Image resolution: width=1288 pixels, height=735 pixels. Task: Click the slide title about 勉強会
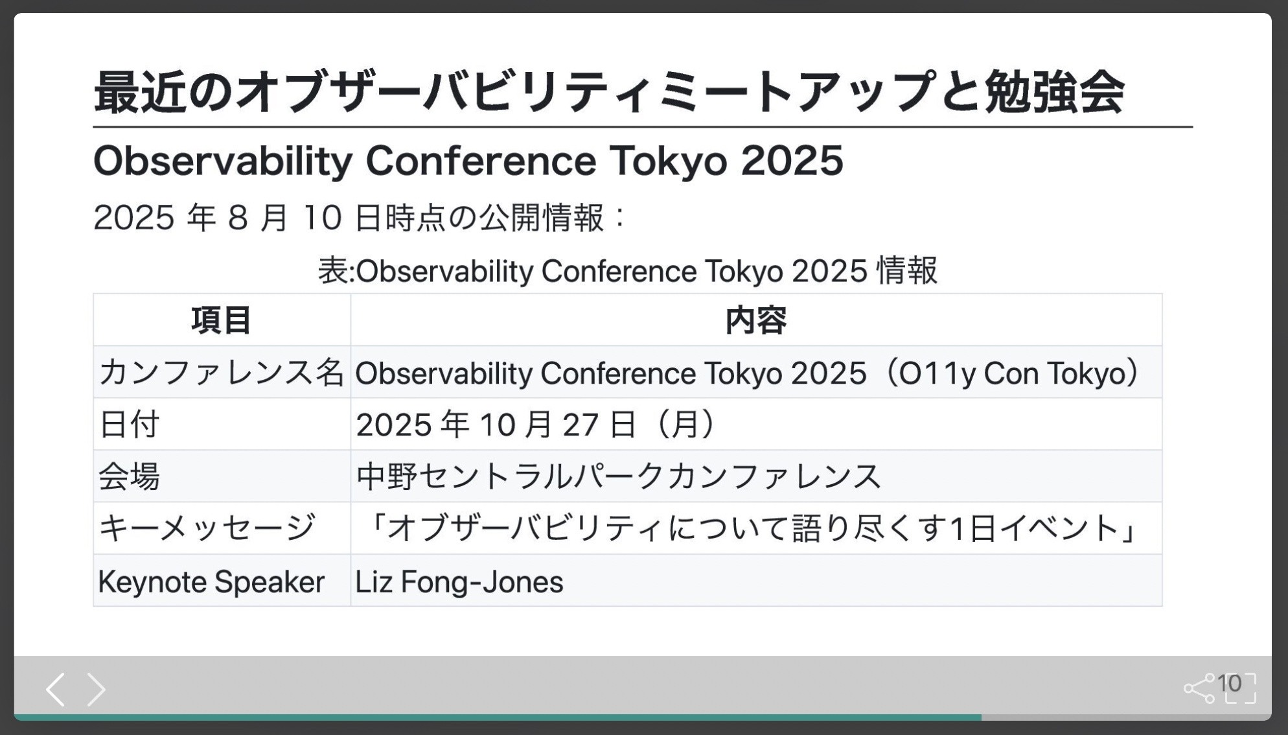click(609, 92)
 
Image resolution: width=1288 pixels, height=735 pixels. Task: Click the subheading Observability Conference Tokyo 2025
click(468, 161)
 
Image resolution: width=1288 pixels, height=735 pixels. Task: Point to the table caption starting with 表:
click(627, 270)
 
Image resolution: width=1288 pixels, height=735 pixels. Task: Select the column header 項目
click(222, 320)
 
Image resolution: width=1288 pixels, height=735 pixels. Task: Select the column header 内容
click(756, 320)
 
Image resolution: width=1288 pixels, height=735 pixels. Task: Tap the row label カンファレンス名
click(221, 373)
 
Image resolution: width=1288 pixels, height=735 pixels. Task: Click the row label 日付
click(129, 425)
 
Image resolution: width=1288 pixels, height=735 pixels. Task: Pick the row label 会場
click(129, 476)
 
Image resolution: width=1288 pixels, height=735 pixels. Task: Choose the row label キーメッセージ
click(207, 528)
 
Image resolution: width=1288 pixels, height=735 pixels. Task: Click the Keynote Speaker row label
click(211, 581)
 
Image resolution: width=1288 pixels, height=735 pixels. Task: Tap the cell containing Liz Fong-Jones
click(459, 581)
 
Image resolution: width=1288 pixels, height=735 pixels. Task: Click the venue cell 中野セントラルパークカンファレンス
click(619, 476)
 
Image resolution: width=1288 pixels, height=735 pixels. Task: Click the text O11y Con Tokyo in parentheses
click(1013, 373)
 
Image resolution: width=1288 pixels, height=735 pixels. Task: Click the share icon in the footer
click(1199, 688)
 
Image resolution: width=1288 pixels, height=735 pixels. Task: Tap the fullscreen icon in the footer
click(1240, 688)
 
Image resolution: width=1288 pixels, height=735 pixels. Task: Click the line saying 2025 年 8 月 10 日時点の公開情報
click(360, 217)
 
